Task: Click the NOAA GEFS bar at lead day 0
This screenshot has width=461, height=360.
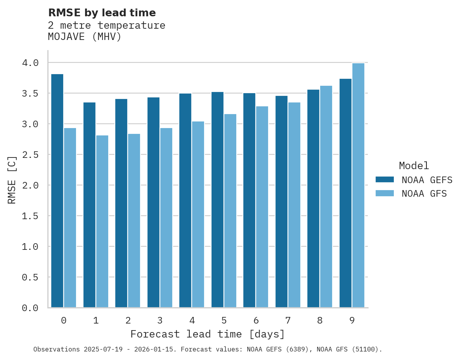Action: [x=57, y=191]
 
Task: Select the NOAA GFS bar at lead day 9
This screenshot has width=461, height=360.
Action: [x=358, y=185]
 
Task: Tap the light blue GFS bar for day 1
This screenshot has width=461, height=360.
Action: [x=102, y=222]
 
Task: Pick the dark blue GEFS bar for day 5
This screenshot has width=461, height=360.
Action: [x=217, y=200]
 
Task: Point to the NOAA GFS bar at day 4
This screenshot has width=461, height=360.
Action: [x=198, y=215]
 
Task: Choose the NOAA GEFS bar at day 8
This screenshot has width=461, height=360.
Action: [x=313, y=199]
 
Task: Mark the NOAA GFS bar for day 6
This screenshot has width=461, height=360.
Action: [x=262, y=207]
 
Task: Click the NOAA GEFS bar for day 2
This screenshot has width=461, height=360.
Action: [x=121, y=203]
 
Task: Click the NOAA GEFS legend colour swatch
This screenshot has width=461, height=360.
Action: [x=385, y=180]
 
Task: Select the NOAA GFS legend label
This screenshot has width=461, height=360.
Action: [x=424, y=194]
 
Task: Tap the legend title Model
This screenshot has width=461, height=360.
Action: [x=414, y=166]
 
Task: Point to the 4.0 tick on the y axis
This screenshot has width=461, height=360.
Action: [x=30, y=63]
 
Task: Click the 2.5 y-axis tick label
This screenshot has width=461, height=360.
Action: [x=30, y=155]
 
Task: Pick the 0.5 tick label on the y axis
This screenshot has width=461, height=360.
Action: [x=30, y=277]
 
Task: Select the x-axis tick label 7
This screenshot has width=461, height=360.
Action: [x=288, y=320]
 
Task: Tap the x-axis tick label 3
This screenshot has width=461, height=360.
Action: [x=160, y=320]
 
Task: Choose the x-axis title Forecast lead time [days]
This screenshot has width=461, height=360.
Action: [x=208, y=334]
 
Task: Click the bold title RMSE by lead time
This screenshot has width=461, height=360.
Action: [x=102, y=13]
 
